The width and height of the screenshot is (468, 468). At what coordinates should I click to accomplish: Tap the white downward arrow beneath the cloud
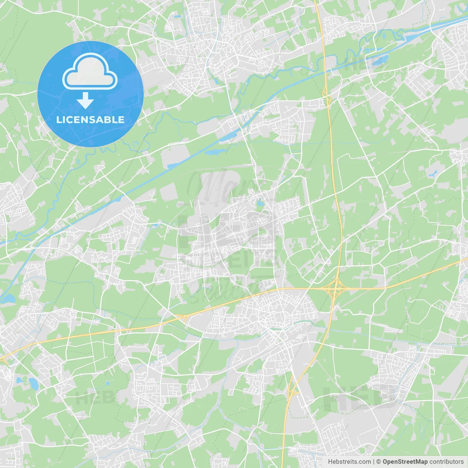(85, 100)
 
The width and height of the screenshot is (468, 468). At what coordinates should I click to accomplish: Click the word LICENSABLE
(90, 120)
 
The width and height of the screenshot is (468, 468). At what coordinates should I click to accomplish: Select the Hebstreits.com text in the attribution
(349, 462)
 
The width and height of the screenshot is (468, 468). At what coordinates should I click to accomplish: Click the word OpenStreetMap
(405, 462)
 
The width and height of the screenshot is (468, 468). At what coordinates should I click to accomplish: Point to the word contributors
(446, 462)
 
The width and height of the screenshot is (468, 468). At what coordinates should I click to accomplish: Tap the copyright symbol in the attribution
(379, 462)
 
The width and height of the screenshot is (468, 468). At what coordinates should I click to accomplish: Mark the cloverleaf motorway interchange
(335, 288)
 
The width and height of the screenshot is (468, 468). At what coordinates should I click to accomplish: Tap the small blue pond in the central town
(260, 203)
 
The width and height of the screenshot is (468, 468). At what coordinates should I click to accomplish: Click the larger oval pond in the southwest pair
(34, 383)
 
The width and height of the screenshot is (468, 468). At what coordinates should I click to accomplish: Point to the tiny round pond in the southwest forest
(107, 383)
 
